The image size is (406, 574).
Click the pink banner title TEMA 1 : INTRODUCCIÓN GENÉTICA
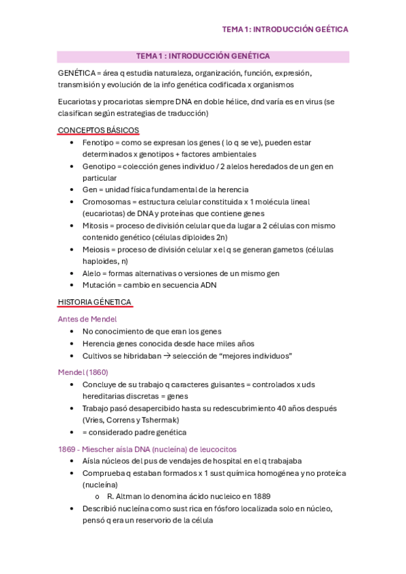coord(203,56)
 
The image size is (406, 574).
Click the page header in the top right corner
coord(285,29)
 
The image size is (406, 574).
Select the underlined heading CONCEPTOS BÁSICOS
coord(98,130)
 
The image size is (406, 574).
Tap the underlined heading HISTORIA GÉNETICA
coord(94,302)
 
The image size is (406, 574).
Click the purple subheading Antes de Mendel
coord(87,319)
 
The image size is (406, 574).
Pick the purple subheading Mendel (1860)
coord(83,372)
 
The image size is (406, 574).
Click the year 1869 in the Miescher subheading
coord(68,449)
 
